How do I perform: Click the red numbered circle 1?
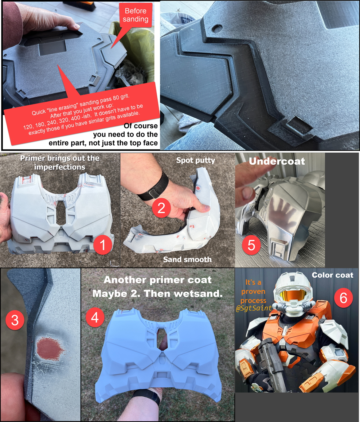point(103,245)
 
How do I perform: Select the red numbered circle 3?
point(15,320)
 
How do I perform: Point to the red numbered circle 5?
point(251,245)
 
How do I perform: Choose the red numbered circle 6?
point(343,298)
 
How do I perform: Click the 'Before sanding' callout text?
point(135,15)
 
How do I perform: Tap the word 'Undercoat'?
point(277,161)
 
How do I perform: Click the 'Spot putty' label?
point(196,160)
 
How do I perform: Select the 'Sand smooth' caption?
point(187,260)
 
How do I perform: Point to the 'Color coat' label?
point(332,275)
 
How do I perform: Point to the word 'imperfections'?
point(60,167)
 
